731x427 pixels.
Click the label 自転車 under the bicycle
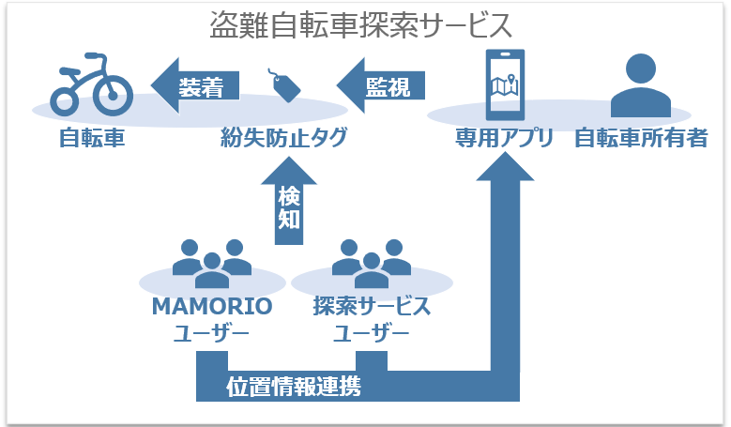(91, 139)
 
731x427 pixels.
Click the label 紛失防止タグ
(283, 139)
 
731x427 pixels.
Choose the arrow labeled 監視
(381, 87)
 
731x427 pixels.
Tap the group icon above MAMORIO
(212, 262)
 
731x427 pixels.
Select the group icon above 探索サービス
(372, 262)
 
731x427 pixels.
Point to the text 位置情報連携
(294, 386)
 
